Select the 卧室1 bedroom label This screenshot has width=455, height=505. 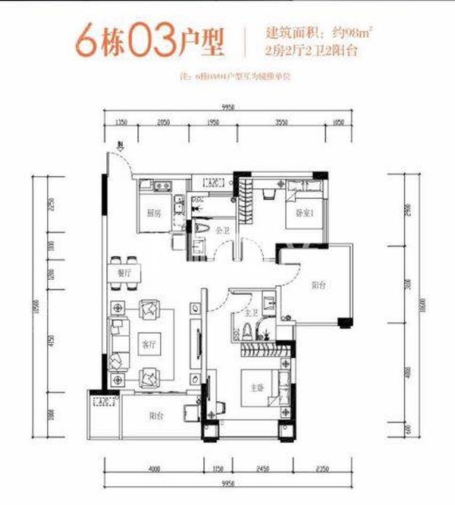[x=304, y=215]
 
